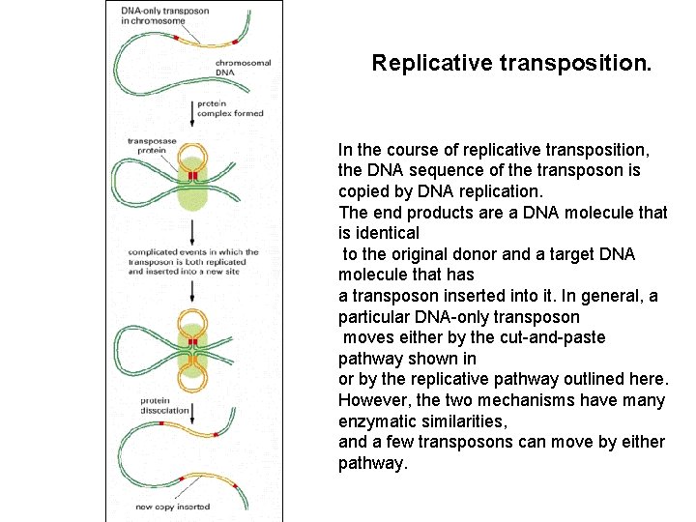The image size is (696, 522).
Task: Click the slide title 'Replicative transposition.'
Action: click(x=511, y=64)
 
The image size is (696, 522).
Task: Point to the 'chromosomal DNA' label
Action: click(x=243, y=68)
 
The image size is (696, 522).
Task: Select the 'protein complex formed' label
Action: click(x=229, y=108)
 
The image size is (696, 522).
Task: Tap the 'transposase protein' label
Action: click(x=153, y=145)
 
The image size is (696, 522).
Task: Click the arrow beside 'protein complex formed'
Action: click(x=192, y=108)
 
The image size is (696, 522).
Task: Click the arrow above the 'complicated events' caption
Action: click(x=192, y=232)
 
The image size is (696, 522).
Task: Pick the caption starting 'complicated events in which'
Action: click(x=193, y=262)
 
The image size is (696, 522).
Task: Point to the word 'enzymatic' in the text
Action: click(x=373, y=421)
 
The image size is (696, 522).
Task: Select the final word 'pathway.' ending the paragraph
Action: click(x=373, y=463)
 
